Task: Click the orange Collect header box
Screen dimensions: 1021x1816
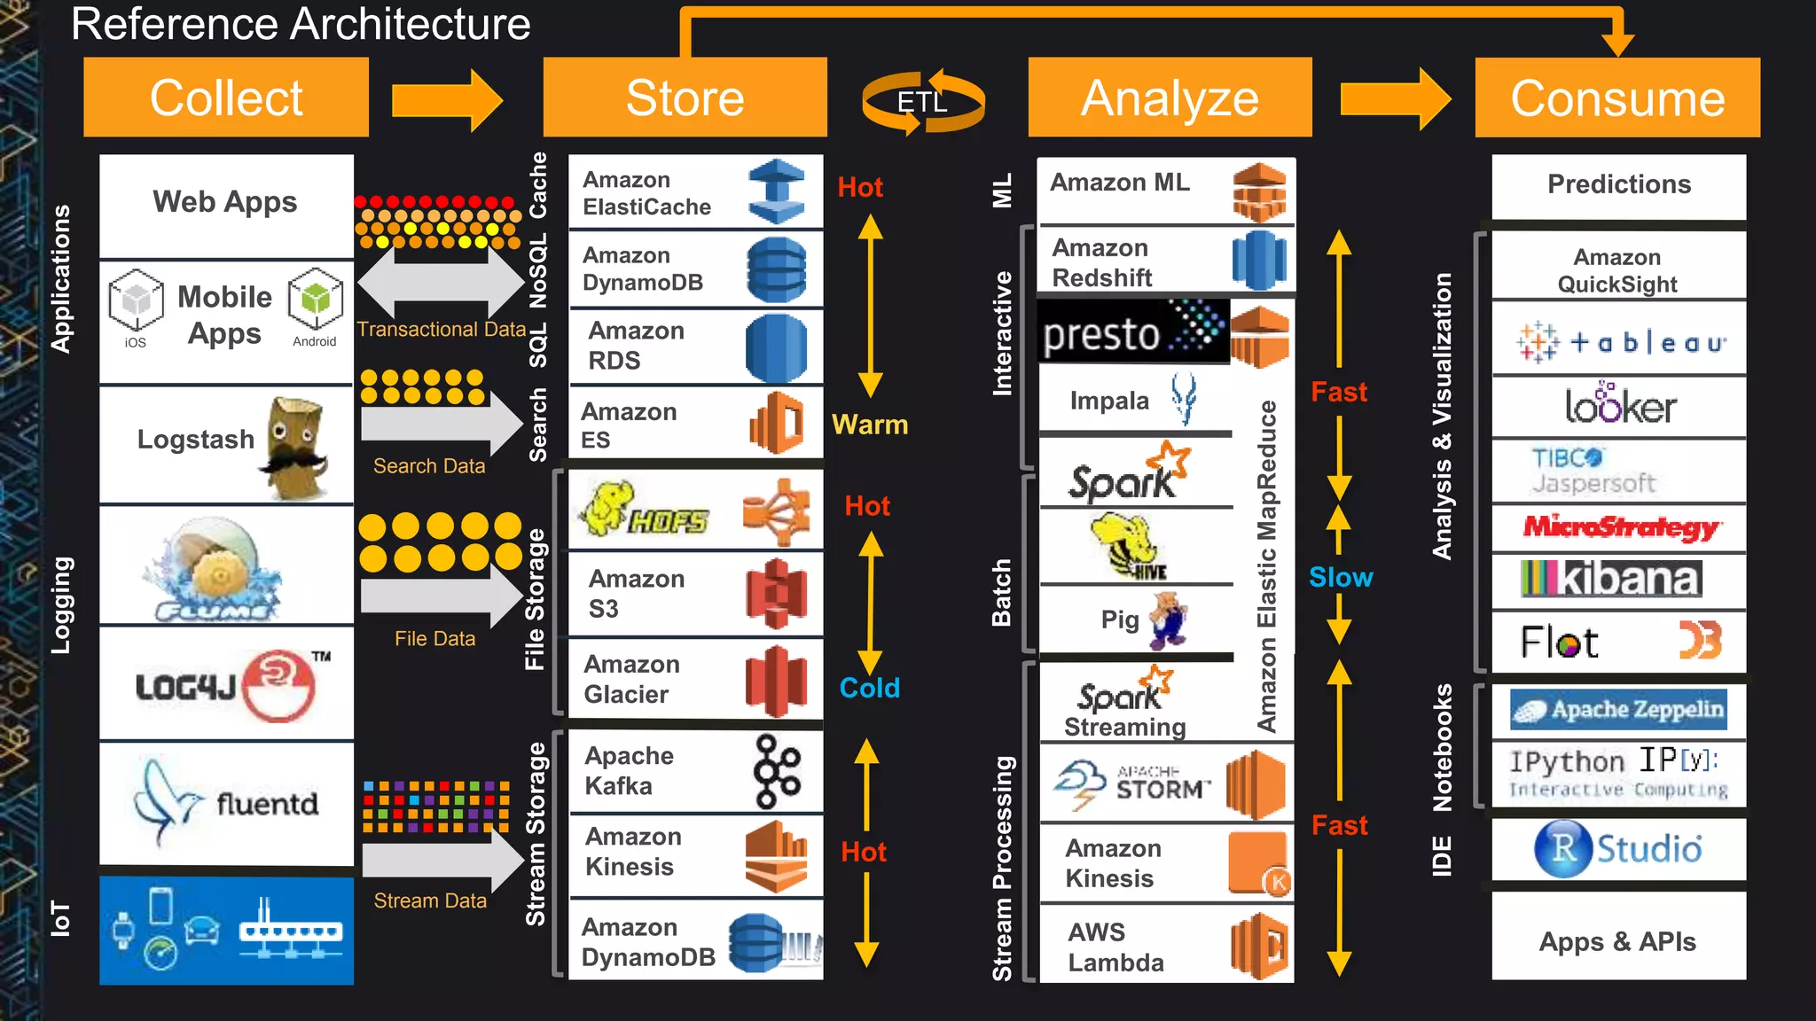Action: point(226,97)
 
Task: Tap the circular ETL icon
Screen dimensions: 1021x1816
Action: point(922,102)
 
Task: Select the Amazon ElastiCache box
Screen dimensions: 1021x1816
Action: point(695,192)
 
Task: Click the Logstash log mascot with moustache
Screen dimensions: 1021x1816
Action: point(294,448)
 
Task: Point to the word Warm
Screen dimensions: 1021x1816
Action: point(869,425)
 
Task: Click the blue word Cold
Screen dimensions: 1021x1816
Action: point(869,688)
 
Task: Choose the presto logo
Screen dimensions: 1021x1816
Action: point(1133,332)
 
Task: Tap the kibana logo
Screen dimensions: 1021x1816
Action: point(1610,579)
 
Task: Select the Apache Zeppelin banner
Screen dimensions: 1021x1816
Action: point(1618,710)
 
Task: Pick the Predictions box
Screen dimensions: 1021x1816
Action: point(1618,185)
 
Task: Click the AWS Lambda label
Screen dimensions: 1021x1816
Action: point(1115,947)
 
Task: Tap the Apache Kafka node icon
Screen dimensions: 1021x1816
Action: point(776,772)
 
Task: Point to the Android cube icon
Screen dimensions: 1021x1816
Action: point(315,299)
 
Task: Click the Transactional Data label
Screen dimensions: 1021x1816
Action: point(441,330)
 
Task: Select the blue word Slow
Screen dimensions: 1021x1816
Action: point(1340,578)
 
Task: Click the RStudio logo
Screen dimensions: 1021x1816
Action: point(1618,848)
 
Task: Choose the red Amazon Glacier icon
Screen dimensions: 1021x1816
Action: point(775,681)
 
